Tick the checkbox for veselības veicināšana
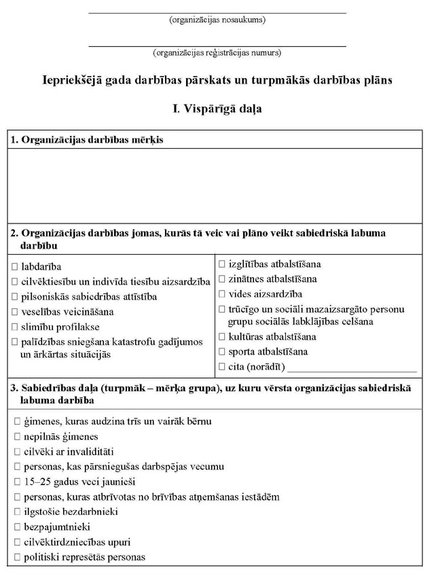[x=15, y=312]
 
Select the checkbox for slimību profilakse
[x=15, y=327]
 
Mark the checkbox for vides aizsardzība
[x=223, y=294]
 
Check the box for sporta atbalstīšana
[x=223, y=352]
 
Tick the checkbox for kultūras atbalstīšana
[x=223, y=337]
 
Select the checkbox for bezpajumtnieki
[x=15, y=527]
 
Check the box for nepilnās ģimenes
[x=15, y=437]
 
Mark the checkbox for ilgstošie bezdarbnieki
[x=15, y=512]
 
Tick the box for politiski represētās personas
[x=15, y=558]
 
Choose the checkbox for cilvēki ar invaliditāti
[x=15, y=452]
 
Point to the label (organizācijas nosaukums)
[x=217, y=20]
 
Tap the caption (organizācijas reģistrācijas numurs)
[x=217, y=52]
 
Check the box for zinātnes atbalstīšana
[x=223, y=279]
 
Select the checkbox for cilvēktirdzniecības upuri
[x=15, y=543]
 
